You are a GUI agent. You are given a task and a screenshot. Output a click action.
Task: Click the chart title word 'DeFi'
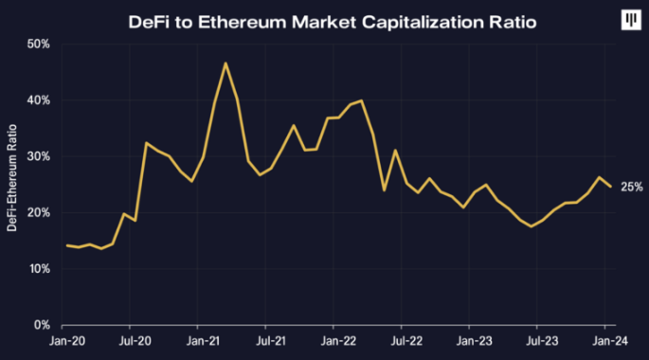pyautogui.click(x=151, y=21)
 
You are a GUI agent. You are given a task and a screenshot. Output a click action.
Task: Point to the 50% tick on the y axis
pyautogui.click(x=39, y=45)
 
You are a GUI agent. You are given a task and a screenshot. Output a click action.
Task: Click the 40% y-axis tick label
pyautogui.click(x=39, y=100)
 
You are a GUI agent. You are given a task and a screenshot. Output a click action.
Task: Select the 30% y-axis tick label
pyautogui.click(x=39, y=156)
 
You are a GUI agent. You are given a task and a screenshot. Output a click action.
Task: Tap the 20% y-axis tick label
pyautogui.click(x=39, y=213)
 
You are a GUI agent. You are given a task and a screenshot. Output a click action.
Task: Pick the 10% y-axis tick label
pyautogui.click(x=39, y=269)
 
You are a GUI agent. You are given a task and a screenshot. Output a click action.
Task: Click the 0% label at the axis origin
pyautogui.click(x=42, y=325)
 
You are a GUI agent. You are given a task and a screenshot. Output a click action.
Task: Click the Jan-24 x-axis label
pyautogui.click(x=607, y=338)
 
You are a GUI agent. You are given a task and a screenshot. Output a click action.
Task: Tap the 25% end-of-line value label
pyautogui.click(x=632, y=187)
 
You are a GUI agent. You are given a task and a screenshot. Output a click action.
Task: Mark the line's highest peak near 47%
pyautogui.click(x=225, y=63)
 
